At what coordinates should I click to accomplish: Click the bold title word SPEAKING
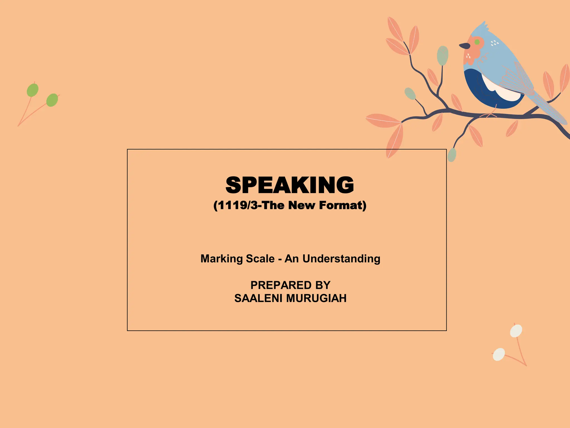289,185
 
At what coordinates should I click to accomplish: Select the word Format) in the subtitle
343,205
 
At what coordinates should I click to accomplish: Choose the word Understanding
341,259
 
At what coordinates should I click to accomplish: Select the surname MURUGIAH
316,298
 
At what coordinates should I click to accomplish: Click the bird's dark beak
464,46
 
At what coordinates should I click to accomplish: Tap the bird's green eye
477,42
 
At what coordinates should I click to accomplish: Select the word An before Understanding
291,259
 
